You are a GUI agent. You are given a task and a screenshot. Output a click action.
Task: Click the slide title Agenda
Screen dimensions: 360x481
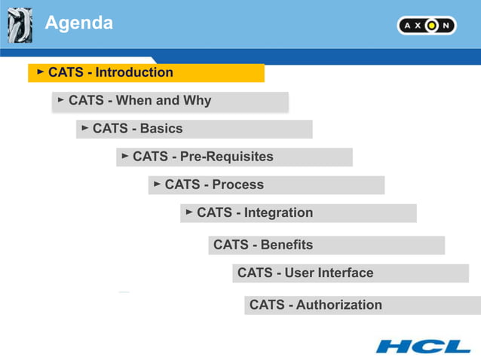79,23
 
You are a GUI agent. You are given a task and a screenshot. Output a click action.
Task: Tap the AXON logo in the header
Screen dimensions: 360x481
427,26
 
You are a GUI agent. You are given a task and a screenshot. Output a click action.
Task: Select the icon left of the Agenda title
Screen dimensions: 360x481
19,26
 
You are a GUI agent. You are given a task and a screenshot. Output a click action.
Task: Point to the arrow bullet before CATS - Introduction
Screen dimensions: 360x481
41,72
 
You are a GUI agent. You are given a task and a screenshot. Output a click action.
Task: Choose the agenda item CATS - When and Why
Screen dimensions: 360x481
139,100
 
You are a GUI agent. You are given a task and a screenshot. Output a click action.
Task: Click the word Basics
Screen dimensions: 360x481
161,128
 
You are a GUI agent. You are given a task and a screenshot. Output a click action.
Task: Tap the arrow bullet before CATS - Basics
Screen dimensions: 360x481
85,128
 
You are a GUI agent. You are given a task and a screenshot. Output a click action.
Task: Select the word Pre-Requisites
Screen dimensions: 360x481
226,157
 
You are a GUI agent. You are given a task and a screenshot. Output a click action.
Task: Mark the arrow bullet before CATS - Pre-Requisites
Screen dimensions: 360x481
125,157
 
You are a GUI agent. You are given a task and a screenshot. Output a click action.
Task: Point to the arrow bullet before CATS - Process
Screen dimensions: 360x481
158,184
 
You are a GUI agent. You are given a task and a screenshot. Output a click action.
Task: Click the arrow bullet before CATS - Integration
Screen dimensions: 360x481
189,212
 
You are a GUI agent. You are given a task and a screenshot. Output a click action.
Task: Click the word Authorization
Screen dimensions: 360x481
339,304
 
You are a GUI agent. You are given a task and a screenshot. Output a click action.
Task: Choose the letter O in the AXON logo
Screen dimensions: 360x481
431,26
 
